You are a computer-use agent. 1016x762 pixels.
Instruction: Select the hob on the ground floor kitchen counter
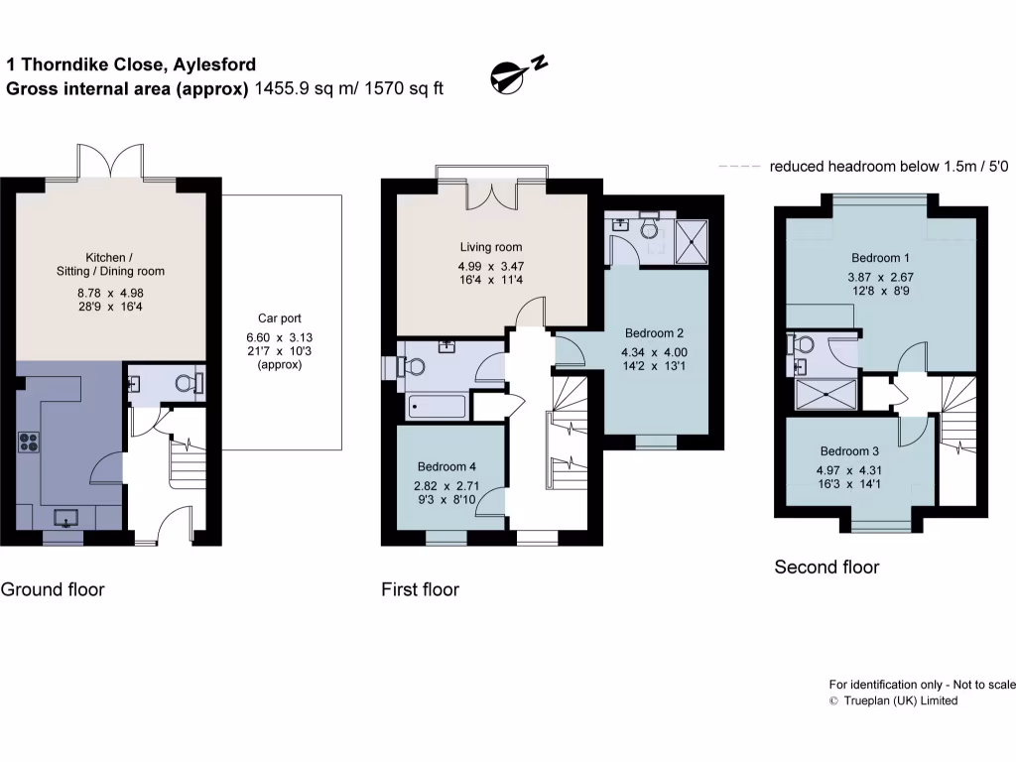click(28, 444)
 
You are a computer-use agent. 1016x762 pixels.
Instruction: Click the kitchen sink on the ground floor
click(65, 518)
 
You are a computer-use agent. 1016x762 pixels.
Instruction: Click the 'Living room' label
click(490, 247)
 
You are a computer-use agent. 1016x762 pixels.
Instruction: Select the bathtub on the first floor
click(435, 407)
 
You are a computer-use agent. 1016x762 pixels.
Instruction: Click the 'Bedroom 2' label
click(653, 333)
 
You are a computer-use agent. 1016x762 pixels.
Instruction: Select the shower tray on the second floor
click(826, 395)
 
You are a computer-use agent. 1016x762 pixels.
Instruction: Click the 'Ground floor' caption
click(53, 589)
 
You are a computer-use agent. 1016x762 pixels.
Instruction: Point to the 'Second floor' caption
click(826, 568)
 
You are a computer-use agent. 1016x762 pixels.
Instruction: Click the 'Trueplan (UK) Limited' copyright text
click(893, 700)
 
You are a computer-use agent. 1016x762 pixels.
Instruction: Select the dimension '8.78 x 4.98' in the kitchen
click(110, 293)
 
